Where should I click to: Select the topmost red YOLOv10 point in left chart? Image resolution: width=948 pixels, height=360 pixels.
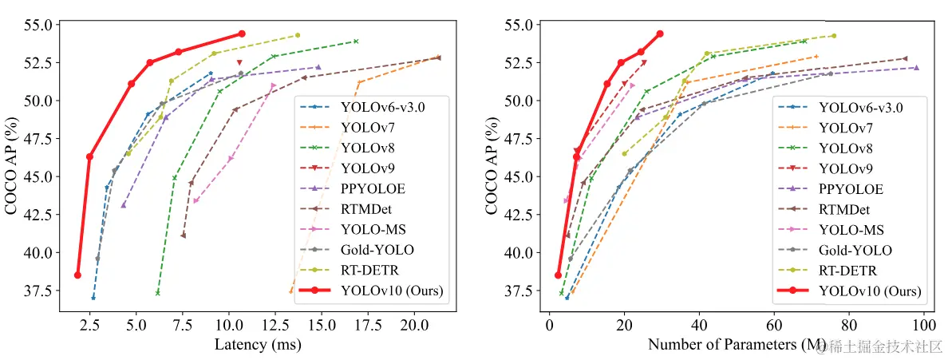click(242, 34)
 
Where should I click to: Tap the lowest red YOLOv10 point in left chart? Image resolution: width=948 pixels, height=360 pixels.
click(77, 275)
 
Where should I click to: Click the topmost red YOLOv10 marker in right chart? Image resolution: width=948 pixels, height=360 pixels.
click(660, 34)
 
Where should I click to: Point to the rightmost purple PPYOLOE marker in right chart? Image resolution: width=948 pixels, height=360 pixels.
click(916, 68)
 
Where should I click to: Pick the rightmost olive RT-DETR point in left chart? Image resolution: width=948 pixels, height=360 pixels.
click(298, 35)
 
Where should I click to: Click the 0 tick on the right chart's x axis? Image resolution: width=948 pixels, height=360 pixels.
click(549, 326)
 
